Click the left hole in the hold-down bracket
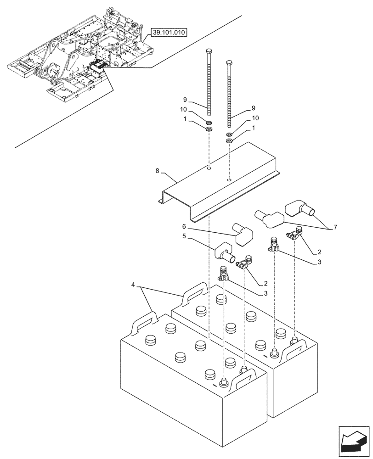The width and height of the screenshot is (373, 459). click(x=209, y=169)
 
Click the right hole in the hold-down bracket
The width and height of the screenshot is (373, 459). click(x=229, y=181)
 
